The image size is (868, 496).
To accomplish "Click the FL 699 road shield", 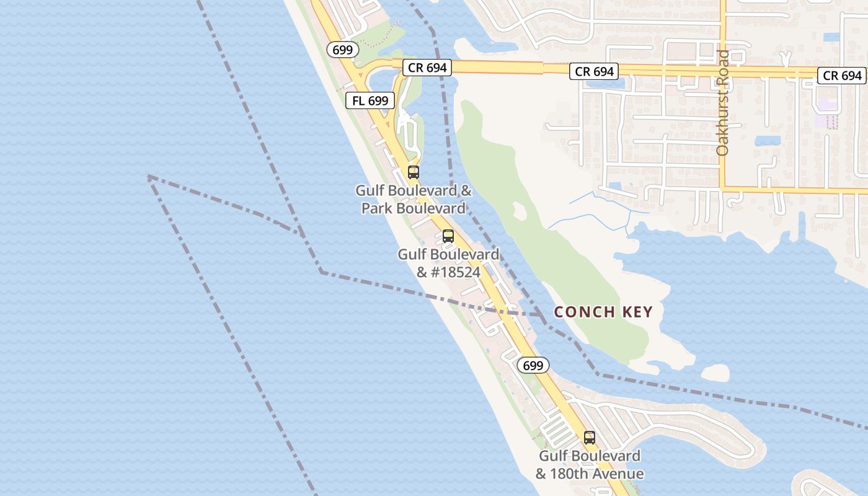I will pos(370,100).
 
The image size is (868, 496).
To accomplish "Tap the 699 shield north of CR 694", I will pos(342,50).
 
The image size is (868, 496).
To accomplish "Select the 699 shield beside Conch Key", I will pos(533,365).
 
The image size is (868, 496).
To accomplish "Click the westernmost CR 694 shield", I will pos(428,68).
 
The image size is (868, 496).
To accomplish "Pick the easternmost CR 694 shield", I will pos(843,76).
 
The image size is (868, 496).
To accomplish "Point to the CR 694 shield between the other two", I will pos(595,71).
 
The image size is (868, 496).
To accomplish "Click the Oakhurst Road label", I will pos(722,102).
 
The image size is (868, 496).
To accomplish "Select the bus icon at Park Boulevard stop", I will pos(414,172).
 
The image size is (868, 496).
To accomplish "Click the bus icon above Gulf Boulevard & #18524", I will pos(448,236).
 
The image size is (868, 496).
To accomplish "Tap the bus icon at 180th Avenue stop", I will pos(590,438).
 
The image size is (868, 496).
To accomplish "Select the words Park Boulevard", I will pos(414,208).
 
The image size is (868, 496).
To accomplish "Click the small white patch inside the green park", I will pos(519,211).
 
